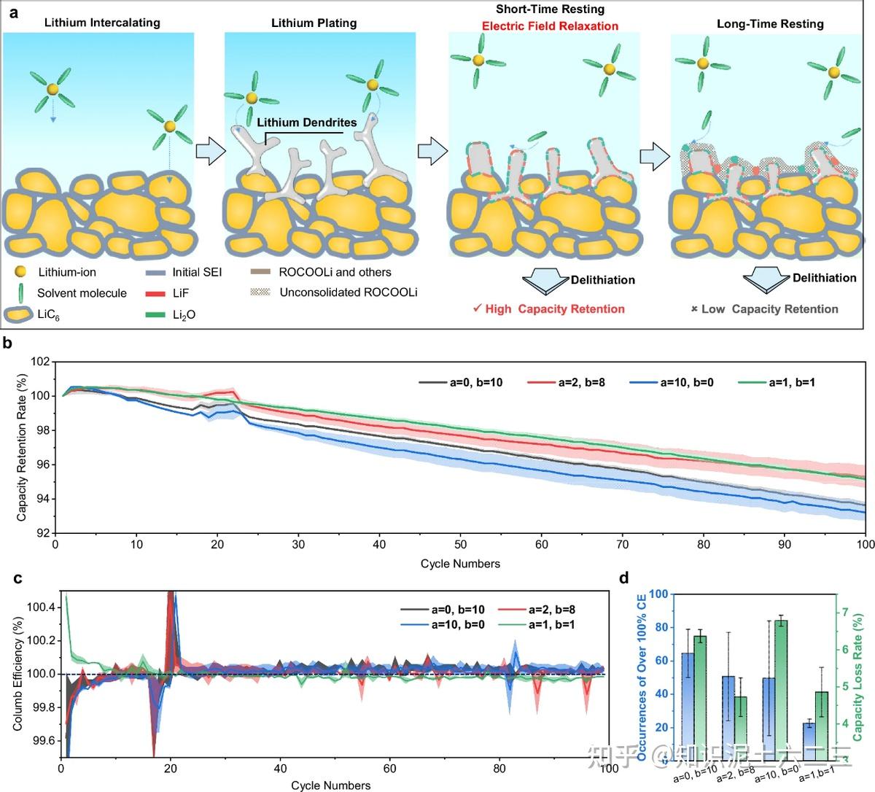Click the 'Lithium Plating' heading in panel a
point(314,23)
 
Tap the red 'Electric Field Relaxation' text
point(550,26)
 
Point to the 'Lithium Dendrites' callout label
point(306,122)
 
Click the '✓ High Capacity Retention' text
point(548,308)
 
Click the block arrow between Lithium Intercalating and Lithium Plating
point(209,151)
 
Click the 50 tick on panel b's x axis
point(460,546)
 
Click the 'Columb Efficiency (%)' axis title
point(18,674)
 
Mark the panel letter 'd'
point(624,578)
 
